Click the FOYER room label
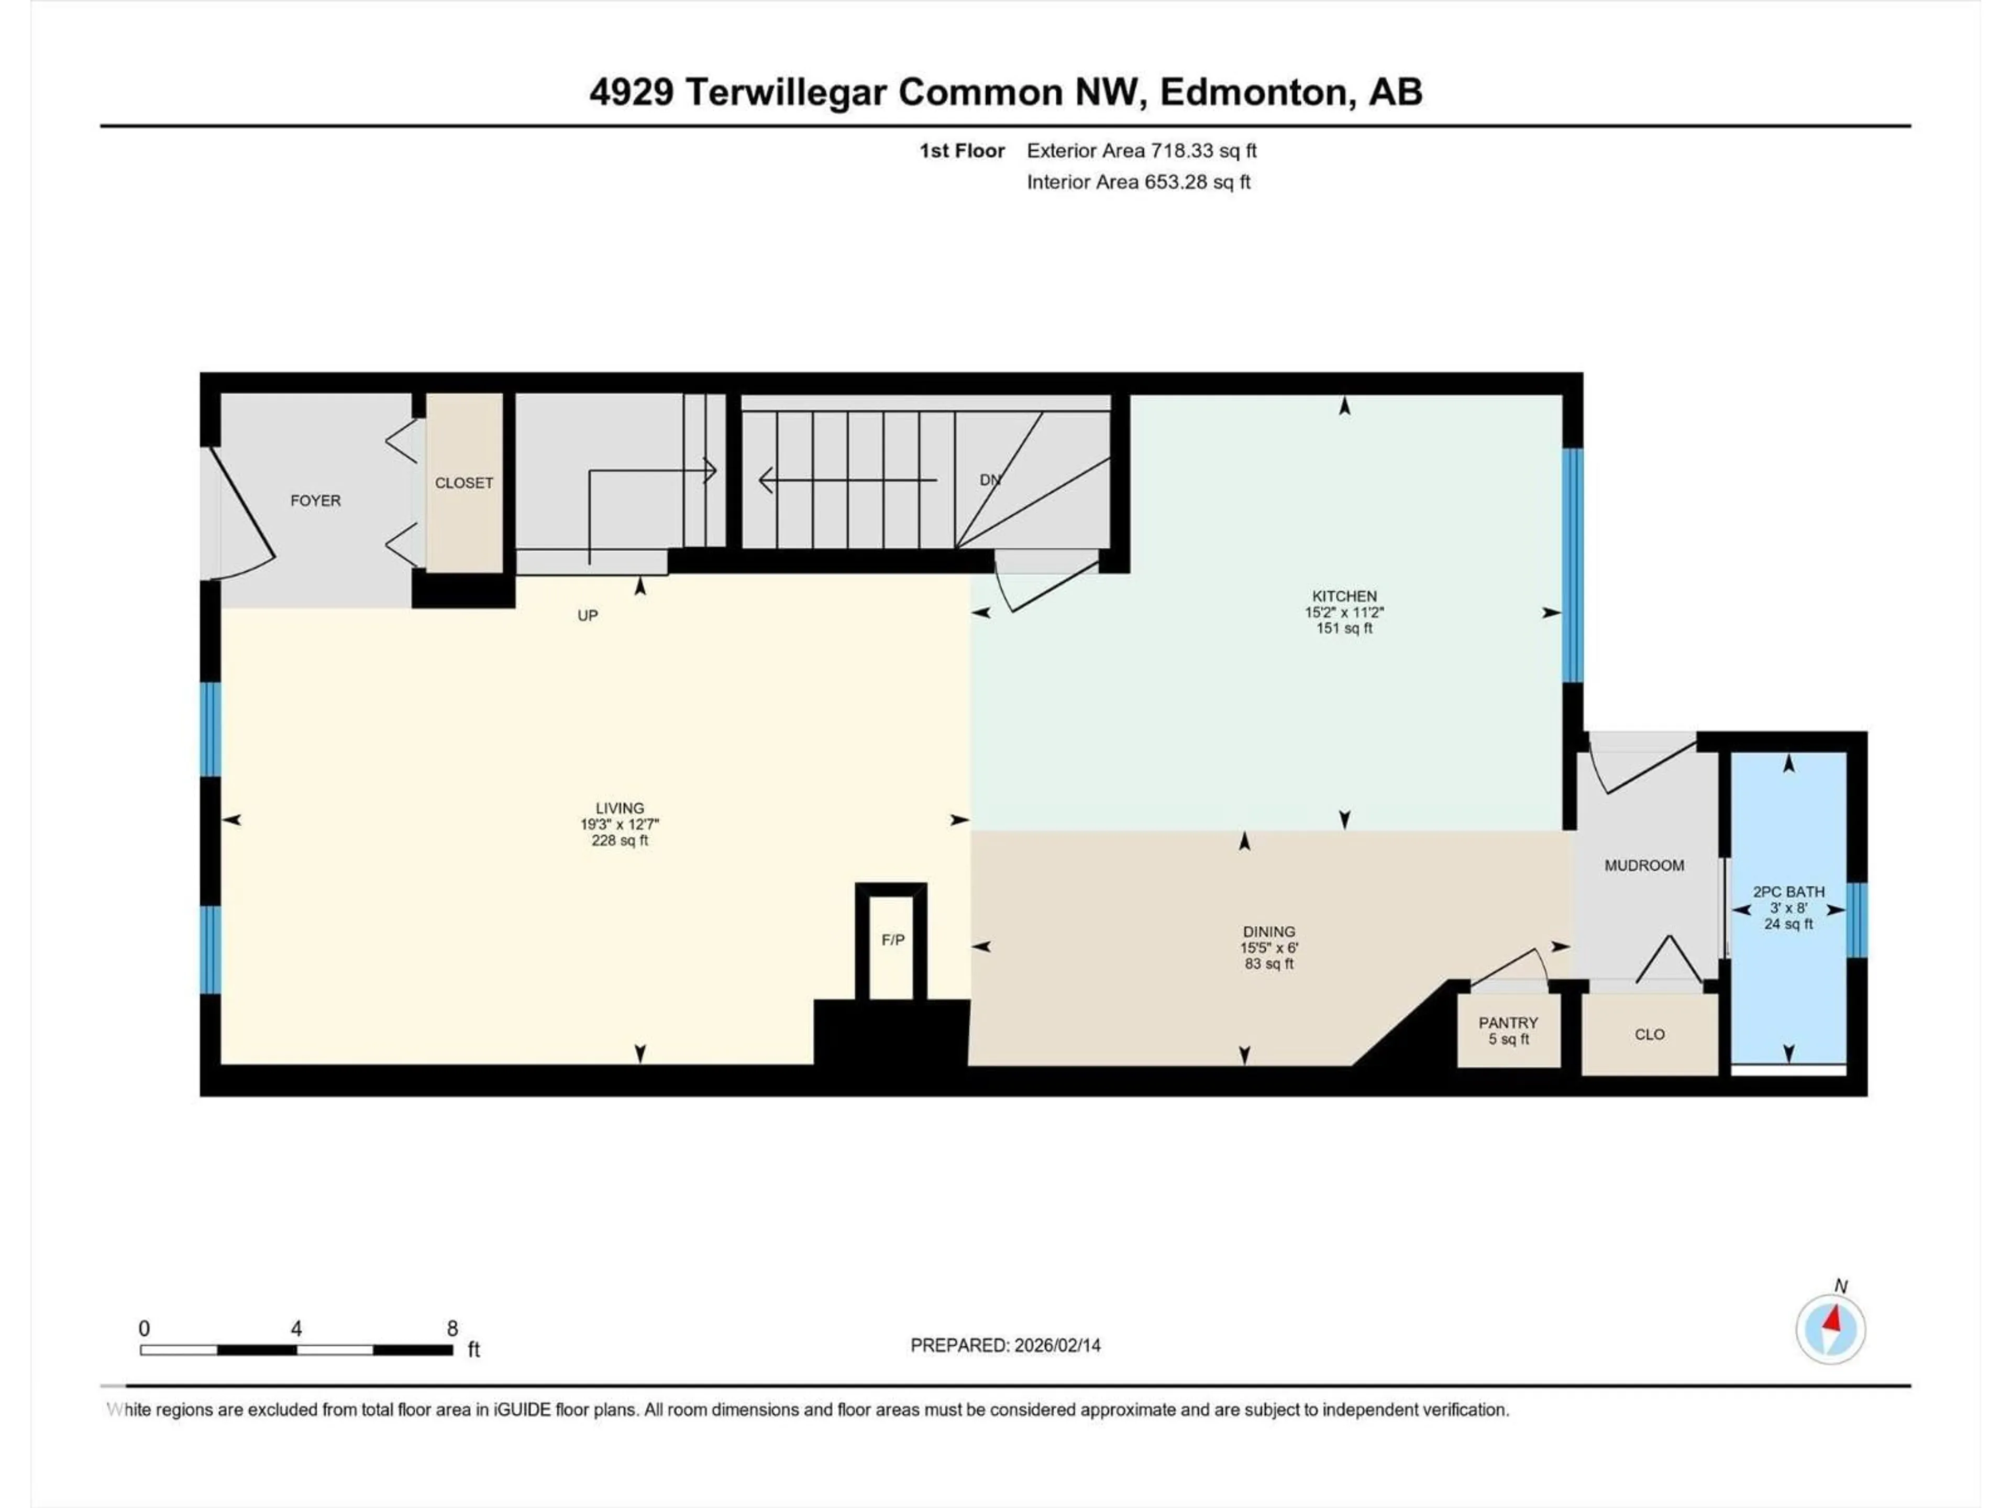coord(315,501)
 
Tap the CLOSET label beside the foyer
coord(463,483)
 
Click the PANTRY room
coord(1508,1030)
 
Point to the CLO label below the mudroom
coord(1649,1035)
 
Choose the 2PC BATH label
coord(1788,892)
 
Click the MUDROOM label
coord(1644,866)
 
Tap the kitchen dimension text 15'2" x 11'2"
coord(1344,613)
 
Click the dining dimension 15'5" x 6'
coord(1269,947)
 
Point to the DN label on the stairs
coord(990,480)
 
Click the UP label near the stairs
coord(587,615)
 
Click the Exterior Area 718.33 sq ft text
coord(1141,151)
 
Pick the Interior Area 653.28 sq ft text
coord(1138,182)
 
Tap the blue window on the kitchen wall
coord(1572,565)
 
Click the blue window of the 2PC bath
coord(1858,920)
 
